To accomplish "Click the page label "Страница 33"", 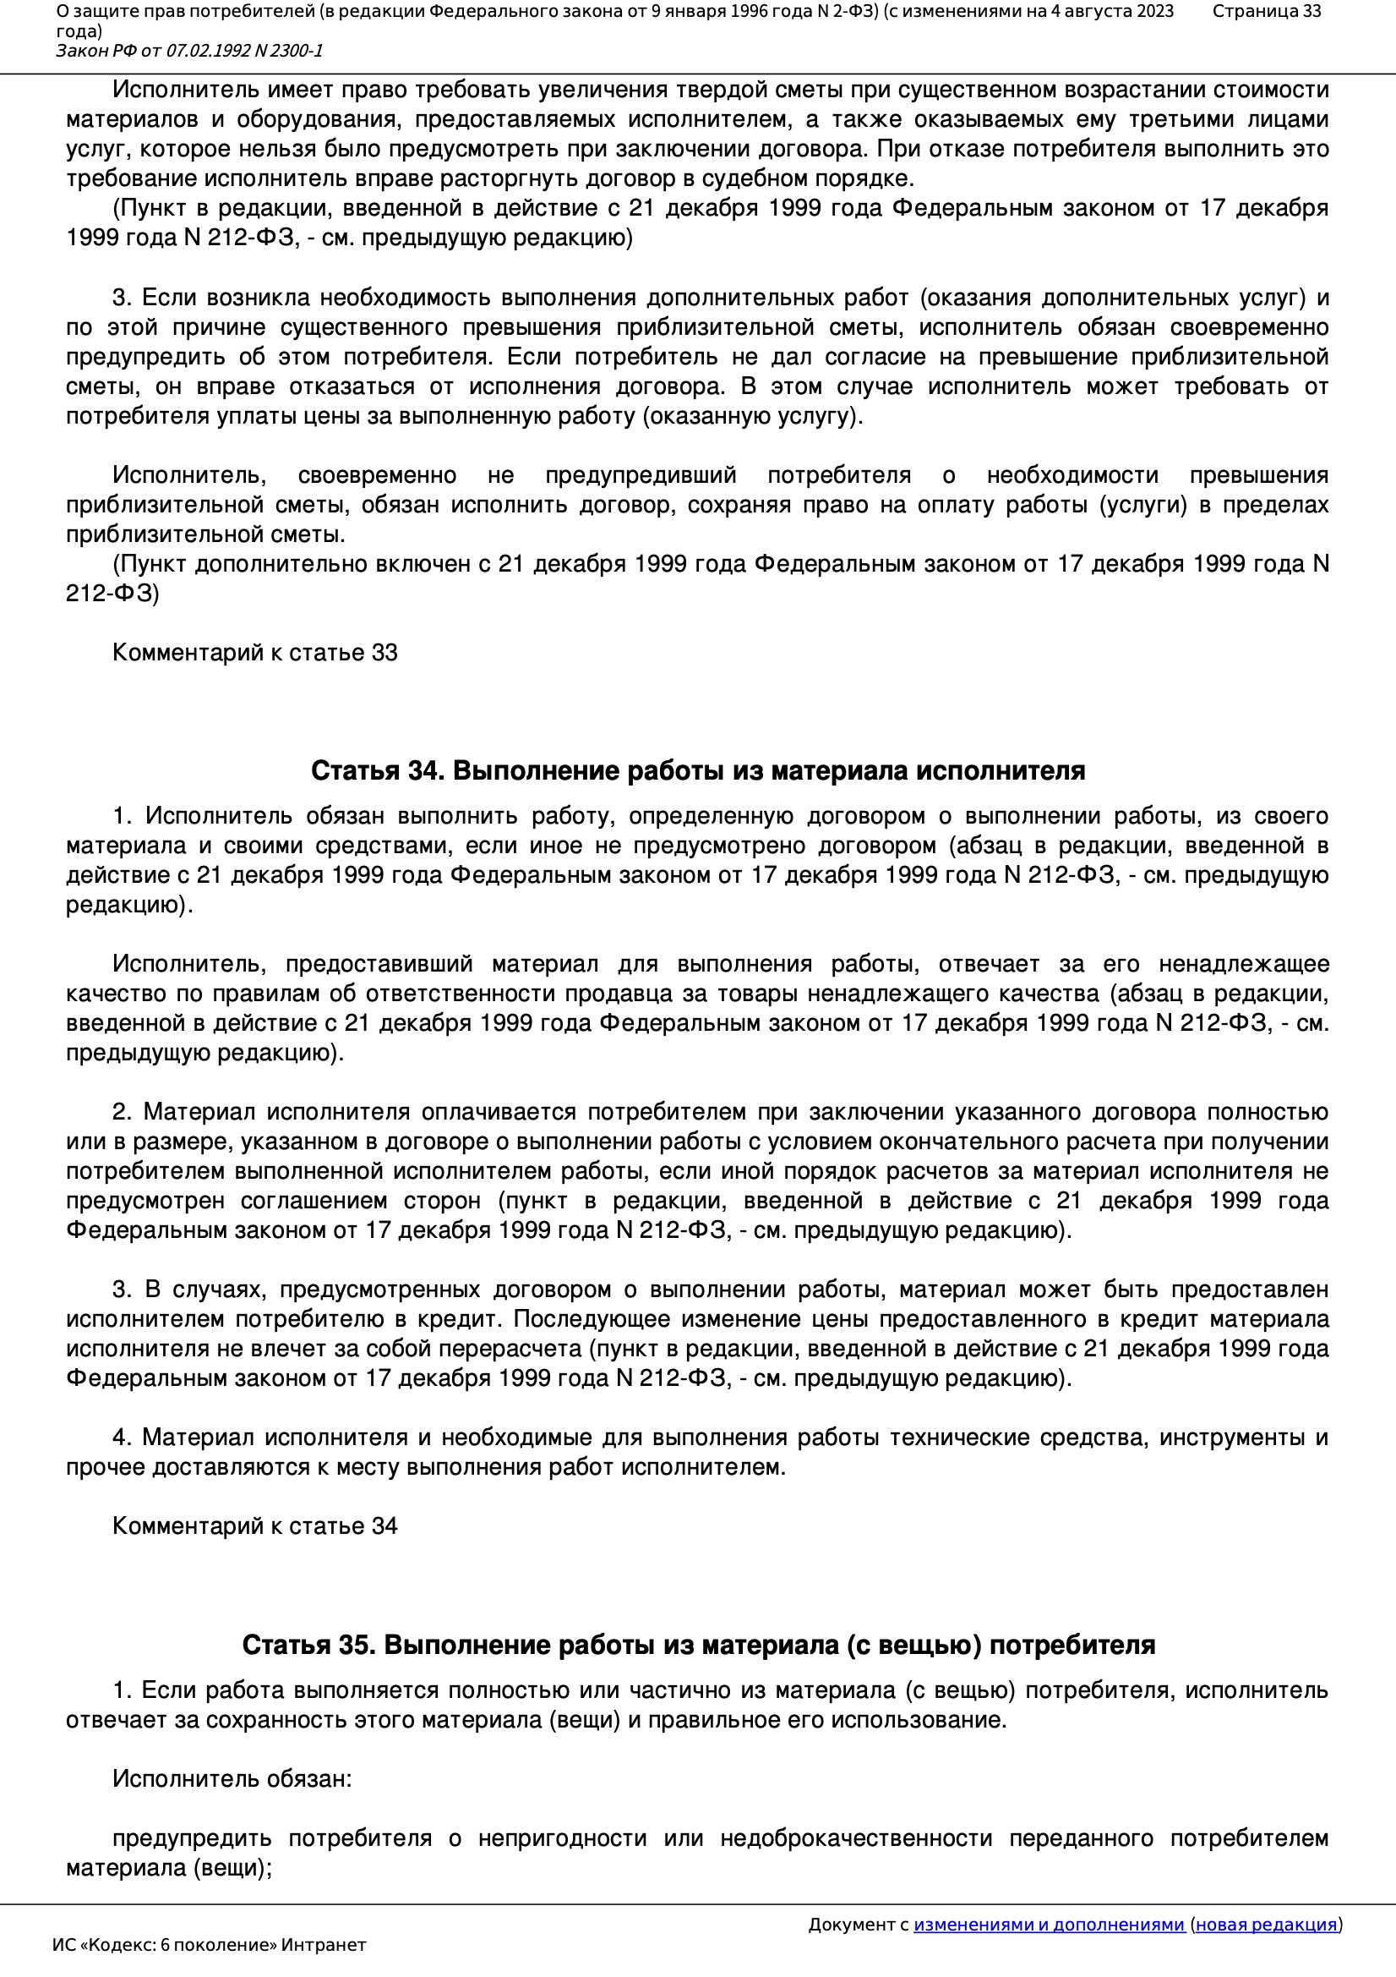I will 1266,11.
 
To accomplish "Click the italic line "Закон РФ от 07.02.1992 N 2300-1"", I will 189,51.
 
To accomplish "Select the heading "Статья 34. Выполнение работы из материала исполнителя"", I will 698,770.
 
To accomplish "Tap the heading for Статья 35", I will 698,1645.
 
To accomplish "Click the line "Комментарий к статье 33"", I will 254,653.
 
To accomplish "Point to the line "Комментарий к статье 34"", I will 254,1525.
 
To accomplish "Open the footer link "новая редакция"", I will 1266,1925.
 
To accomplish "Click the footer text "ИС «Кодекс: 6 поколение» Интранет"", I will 209,1945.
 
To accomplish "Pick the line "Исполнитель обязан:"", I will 232,1779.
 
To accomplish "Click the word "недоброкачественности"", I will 855,1838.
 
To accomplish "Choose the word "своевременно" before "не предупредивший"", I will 376,475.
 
